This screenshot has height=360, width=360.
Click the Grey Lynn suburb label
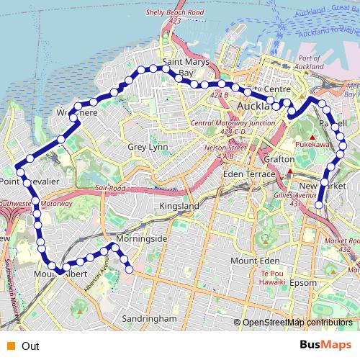(147, 147)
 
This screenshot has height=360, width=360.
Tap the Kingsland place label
(179, 206)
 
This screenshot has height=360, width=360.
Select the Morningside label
(141, 238)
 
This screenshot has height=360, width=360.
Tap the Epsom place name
(303, 283)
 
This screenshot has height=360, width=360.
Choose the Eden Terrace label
(249, 174)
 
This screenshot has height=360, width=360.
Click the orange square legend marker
(9, 346)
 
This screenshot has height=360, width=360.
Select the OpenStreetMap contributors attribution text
(296, 322)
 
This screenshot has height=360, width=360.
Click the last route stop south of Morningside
(130, 269)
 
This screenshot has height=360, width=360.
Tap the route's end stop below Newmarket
(319, 205)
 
